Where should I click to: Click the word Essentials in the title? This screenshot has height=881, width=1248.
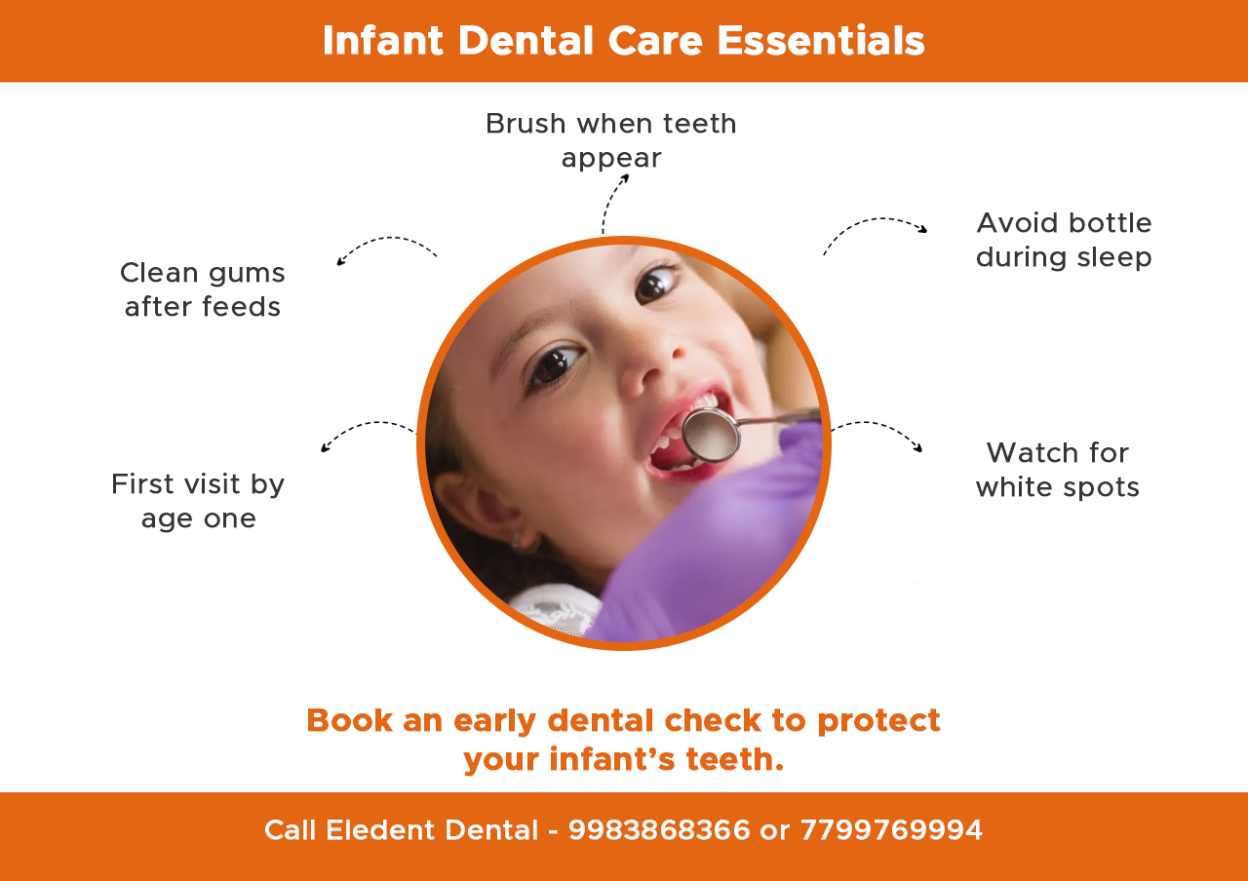[820, 41]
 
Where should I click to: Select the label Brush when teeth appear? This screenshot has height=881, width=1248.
[611, 140]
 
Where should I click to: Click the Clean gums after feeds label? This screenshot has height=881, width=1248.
[203, 289]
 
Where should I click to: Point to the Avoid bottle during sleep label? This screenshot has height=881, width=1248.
[1064, 240]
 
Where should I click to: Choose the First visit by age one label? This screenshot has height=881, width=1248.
[198, 501]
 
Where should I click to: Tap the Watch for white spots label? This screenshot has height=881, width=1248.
[1058, 470]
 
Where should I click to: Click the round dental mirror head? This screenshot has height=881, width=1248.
[710, 435]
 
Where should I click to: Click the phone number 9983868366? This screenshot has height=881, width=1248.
[659, 830]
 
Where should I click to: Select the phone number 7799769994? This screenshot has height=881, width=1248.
[891, 830]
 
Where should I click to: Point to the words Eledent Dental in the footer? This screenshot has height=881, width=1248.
[432, 830]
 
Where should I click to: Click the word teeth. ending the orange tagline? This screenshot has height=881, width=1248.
[735, 759]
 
